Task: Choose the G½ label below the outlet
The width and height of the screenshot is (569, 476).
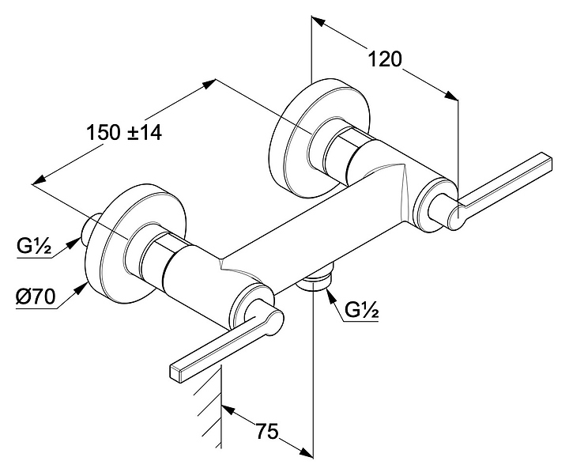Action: [x=361, y=311]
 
